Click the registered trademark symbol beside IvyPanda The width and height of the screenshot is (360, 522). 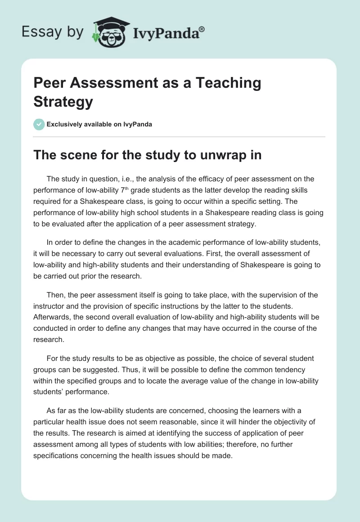tap(202, 29)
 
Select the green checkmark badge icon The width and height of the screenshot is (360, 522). tap(39, 124)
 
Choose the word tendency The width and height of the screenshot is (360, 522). tap(286, 369)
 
